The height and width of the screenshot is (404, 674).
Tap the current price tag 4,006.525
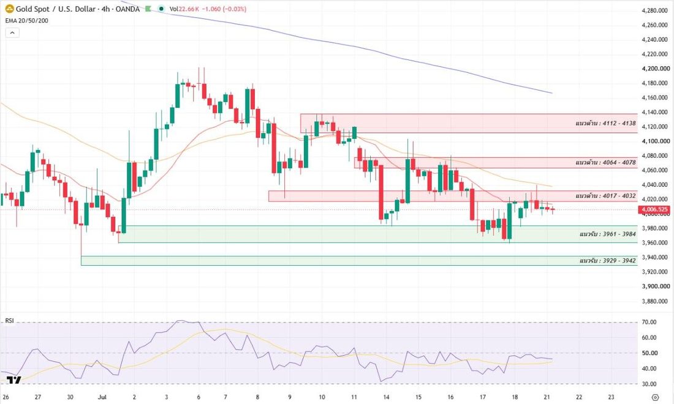(654, 209)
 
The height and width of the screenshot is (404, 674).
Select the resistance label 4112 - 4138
(605, 123)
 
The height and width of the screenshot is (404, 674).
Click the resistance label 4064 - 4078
(605, 162)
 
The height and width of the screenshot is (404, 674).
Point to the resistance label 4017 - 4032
(605, 196)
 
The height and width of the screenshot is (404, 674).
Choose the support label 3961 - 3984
(608, 234)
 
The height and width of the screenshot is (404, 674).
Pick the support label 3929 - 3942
(608, 261)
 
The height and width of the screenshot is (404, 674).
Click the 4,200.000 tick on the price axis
(656, 69)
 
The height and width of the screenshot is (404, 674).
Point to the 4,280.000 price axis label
(654, 10)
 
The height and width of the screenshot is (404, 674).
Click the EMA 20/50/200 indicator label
(26, 21)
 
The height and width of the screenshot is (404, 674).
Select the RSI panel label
(9, 321)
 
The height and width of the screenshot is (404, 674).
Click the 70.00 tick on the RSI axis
(649, 322)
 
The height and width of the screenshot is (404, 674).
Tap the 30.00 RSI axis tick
(649, 384)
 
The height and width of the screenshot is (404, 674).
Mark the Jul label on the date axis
(102, 397)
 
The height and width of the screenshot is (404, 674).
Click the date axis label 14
(386, 397)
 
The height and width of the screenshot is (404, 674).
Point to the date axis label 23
(612, 397)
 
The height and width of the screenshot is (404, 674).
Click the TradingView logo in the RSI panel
(13, 380)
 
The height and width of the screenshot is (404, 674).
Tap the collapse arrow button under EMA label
(12, 32)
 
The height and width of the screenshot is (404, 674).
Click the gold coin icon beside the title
(9, 9)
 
